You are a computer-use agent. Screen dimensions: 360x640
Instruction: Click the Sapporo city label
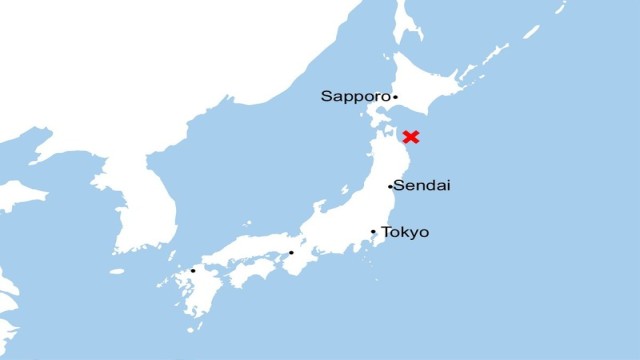click(355, 97)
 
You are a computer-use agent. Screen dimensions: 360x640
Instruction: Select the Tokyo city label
click(405, 232)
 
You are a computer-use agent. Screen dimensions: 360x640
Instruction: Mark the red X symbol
click(410, 136)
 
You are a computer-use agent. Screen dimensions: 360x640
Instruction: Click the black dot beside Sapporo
click(395, 97)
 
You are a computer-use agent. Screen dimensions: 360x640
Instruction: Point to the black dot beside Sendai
click(390, 187)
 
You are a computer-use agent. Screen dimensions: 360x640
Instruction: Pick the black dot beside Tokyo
click(374, 232)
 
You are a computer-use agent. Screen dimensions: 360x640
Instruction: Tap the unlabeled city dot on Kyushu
click(193, 270)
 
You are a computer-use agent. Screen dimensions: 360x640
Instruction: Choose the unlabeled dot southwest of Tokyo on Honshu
click(291, 252)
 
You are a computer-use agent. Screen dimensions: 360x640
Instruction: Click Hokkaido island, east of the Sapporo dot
click(430, 85)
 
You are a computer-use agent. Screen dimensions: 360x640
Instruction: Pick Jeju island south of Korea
click(117, 271)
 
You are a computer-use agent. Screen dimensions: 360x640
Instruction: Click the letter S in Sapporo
click(326, 97)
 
